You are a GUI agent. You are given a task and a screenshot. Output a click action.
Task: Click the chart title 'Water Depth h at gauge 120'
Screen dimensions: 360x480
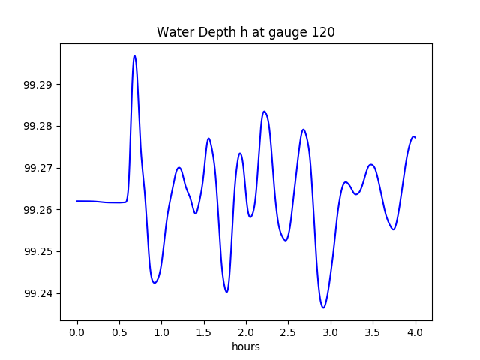click(x=245, y=32)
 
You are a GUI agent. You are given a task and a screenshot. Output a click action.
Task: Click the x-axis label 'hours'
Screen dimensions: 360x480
click(x=245, y=347)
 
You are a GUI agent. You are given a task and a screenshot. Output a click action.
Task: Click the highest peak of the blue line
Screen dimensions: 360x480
click(x=134, y=56)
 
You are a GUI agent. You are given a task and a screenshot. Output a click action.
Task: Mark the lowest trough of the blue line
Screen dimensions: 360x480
click(x=323, y=307)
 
